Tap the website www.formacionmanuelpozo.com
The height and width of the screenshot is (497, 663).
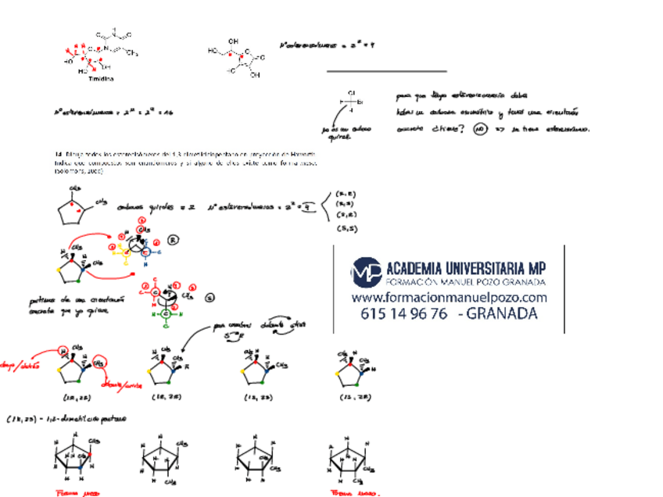click(x=449, y=298)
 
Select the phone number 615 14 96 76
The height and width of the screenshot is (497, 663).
click(x=403, y=314)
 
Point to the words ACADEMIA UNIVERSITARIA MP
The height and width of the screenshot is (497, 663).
click(x=466, y=266)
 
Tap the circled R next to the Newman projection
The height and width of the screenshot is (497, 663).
click(x=174, y=240)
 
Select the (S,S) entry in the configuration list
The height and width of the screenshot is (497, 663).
click(x=347, y=228)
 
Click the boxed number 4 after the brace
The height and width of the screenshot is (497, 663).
click(x=310, y=206)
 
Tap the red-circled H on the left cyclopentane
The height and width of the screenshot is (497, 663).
click(x=62, y=352)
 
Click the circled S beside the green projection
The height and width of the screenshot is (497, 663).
click(x=209, y=298)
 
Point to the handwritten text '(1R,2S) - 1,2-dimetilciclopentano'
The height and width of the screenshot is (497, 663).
click(x=66, y=420)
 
